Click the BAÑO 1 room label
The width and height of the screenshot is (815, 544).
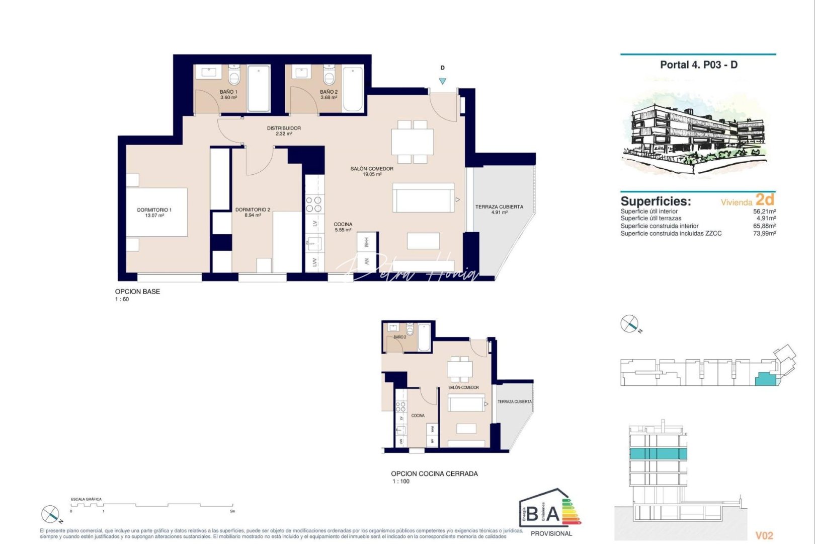(x=228, y=92)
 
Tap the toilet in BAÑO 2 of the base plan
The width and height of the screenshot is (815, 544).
(x=329, y=77)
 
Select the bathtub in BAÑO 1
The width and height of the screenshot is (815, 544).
(x=259, y=88)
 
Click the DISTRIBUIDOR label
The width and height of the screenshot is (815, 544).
(x=284, y=128)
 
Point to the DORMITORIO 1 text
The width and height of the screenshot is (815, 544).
(x=154, y=210)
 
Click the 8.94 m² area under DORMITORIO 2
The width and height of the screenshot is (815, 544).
(x=253, y=216)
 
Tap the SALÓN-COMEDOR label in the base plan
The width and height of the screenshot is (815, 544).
(x=372, y=169)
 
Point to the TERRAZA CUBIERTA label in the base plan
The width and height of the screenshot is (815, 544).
(x=499, y=207)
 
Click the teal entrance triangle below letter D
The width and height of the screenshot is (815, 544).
(x=442, y=81)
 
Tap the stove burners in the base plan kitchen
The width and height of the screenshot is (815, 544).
(x=314, y=204)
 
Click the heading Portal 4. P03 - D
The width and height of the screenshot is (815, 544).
(x=698, y=65)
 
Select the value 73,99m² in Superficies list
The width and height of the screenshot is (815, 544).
(x=764, y=234)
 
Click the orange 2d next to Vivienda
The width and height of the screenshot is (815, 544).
(x=765, y=199)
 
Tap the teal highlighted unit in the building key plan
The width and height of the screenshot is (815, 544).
(x=765, y=379)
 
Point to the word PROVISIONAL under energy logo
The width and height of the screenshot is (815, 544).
(x=551, y=533)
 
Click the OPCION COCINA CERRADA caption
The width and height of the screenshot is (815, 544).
(x=434, y=473)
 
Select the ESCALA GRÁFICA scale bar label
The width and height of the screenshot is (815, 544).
(x=86, y=499)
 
